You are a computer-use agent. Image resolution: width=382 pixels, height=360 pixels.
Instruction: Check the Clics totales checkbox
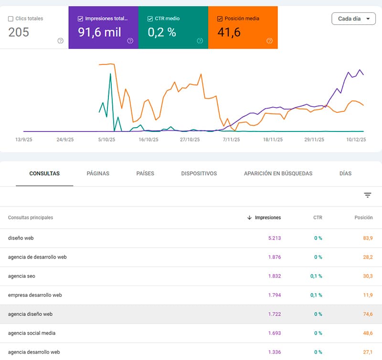click(x=11, y=19)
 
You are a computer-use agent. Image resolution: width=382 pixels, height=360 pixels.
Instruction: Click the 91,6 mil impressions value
click(x=99, y=32)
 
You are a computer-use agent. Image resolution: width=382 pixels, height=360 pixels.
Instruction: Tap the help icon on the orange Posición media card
click(x=269, y=41)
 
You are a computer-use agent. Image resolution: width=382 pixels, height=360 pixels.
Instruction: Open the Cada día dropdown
click(x=353, y=19)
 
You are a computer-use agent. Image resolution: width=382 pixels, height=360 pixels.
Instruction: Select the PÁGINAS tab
click(x=98, y=174)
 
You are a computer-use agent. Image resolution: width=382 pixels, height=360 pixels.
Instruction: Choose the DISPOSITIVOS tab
click(x=199, y=174)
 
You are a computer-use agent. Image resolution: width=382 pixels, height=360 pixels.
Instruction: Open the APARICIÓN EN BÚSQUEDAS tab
click(x=278, y=174)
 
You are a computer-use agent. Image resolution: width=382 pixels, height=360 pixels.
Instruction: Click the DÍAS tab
click(x=345, y=174)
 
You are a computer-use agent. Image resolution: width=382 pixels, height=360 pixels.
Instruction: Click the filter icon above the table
click(x=368, y=195)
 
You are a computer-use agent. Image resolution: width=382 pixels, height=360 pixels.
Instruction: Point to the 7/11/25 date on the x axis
click(x=231, y=140)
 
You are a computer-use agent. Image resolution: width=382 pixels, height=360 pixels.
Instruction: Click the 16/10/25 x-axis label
click(x=149, y=140)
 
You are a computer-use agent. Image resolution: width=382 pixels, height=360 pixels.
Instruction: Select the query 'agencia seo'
click(x=21, y=276)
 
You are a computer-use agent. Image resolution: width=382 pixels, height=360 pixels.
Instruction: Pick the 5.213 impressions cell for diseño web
click(x=275, y=238)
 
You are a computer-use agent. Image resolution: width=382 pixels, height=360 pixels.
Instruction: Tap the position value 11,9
click(x=368, y=295)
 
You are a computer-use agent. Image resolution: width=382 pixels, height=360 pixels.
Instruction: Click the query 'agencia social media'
click(x=32, y=333)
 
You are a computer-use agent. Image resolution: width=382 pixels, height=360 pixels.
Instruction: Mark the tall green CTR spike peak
click(x=110, y=74)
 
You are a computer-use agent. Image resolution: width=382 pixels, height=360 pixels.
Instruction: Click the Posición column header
click(x=363, y=218)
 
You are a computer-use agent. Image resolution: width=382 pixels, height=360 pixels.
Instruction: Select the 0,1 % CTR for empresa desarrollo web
click(x=316, y=295)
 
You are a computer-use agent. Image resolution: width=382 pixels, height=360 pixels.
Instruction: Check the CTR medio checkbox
click(x=150, y=19)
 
